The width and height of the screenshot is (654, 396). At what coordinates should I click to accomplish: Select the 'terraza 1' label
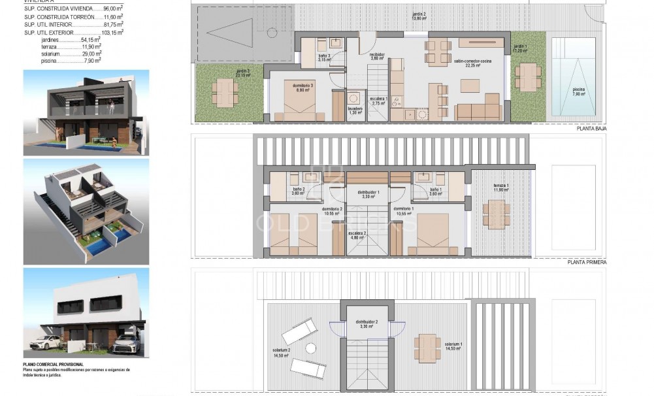499,186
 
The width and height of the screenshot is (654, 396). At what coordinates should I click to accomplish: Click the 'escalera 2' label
357,235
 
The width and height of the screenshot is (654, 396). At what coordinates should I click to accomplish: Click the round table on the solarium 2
312,348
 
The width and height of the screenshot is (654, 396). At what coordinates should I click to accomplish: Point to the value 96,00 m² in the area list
114,9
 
